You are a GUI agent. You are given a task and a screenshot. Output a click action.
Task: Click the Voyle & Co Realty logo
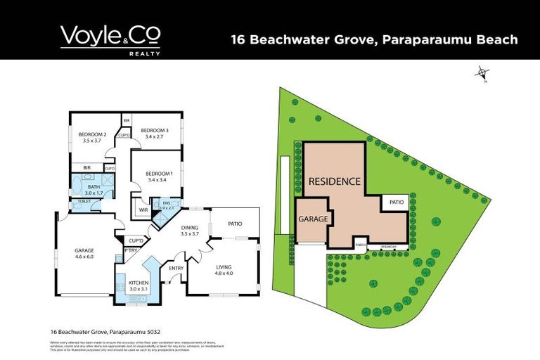click(110, 39)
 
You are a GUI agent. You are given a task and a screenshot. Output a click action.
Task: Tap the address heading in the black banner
click(374, 40)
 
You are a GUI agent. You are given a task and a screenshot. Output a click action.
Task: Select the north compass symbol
click(482, 73)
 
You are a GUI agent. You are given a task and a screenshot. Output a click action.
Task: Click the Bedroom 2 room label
click(92, 138)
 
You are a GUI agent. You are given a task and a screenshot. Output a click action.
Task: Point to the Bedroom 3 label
click(154, 134)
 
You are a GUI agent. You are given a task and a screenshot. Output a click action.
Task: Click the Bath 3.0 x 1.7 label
click(94, 189)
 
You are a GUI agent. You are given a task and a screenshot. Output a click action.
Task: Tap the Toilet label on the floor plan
click(85, 202)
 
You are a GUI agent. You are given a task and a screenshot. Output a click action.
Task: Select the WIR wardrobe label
click(143, 209)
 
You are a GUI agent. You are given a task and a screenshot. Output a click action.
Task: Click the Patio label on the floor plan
click(235, 224)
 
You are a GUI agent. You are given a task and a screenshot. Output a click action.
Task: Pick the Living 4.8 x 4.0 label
click(224, 270)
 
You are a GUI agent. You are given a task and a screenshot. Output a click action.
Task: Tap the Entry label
click(175, 268)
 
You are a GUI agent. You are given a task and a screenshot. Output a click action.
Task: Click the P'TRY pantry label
click(130, 250)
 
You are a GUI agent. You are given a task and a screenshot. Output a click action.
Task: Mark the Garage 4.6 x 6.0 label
click(84, 253)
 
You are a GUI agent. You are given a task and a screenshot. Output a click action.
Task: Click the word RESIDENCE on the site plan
click(335, 181)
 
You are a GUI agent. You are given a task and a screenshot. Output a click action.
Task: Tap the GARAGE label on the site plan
click(314, 219)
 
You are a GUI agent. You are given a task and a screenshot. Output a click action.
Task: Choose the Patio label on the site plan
click(397, 202)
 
